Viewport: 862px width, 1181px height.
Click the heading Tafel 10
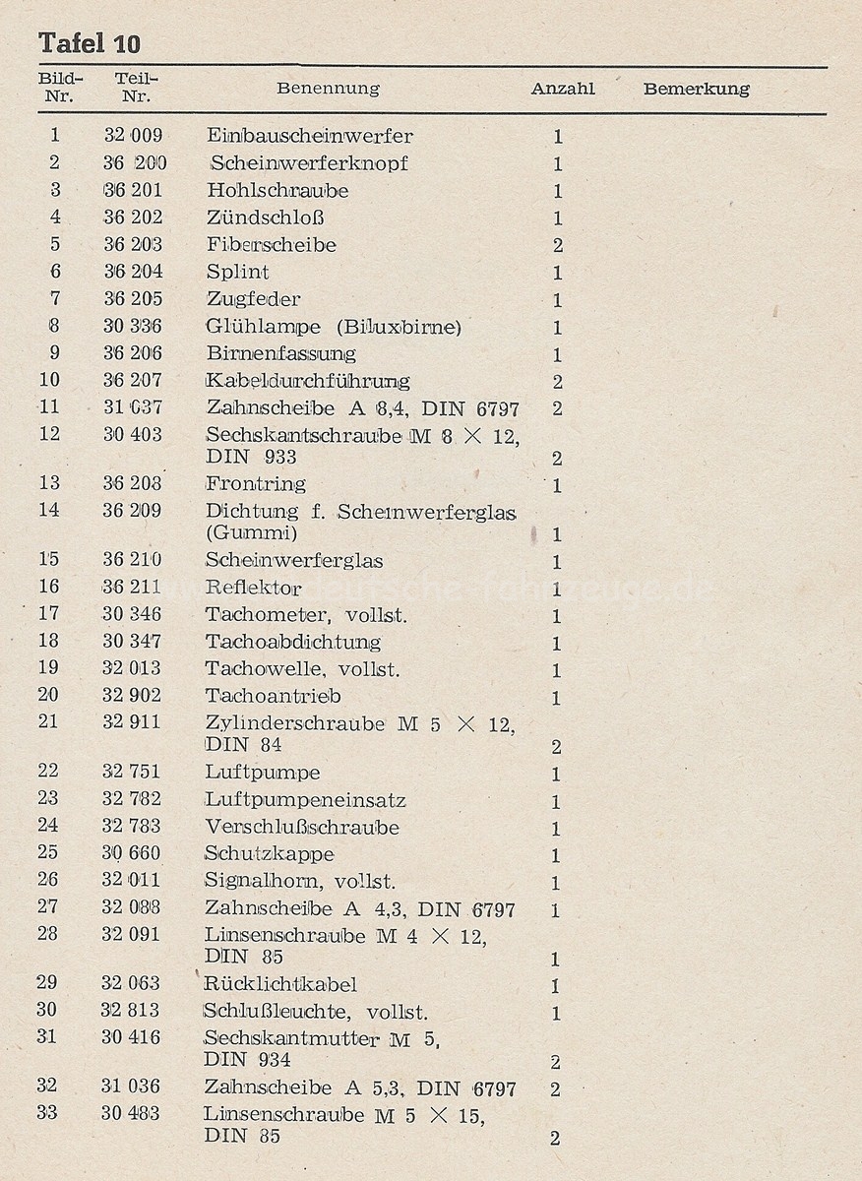[90, 43]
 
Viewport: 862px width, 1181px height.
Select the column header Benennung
[328, 89]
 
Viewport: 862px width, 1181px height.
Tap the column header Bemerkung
[696, 89]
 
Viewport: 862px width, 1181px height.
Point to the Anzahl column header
[563, 89]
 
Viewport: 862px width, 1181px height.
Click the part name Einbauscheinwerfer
[310, 136]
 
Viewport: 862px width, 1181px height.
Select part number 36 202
[133, 218]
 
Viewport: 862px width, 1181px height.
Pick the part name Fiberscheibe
[272, 244]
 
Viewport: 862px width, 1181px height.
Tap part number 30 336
[133, 326]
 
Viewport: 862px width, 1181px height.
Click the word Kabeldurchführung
[308, 380]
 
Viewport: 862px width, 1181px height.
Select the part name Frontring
[256, 483]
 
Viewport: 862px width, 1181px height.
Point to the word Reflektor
[254, 588]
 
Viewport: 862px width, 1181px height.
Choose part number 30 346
[132, 614]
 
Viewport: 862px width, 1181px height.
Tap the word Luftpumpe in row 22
[263, 773]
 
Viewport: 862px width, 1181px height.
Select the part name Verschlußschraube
[302, 827]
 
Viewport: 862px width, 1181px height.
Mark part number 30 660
[131, 853]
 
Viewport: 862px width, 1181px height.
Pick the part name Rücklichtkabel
[280, 984]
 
